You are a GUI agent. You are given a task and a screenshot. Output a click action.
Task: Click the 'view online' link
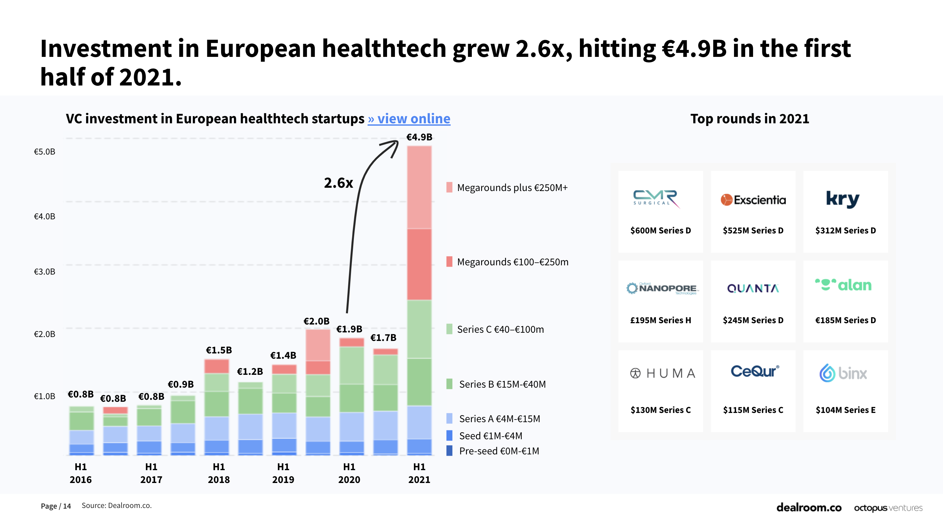click(409, 119)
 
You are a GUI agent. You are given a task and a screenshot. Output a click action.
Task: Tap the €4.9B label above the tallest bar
click(419, 137)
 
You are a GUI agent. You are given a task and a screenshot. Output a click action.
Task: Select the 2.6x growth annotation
click(338, 183)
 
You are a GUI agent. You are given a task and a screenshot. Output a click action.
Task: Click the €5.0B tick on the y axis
click(44, 152)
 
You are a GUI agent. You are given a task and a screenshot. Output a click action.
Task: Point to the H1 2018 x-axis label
click(218, 473)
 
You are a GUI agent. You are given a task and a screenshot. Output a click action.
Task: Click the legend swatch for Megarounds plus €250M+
click(449, 187)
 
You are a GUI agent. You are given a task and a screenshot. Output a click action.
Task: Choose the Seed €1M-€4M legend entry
click(491, 436)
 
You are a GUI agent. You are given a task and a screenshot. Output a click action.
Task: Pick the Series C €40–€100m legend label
click(500, 329)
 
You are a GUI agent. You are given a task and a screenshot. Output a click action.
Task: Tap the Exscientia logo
click(753, 200)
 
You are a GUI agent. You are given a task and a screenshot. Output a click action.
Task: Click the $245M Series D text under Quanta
click(753, 320)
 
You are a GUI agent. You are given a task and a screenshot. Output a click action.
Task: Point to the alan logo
click(843, 285)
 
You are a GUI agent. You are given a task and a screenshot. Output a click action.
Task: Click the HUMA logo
click(663, 373)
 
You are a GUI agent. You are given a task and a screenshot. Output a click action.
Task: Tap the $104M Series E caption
click(845, 410)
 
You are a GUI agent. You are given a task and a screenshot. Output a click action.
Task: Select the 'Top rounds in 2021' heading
click(749, 119)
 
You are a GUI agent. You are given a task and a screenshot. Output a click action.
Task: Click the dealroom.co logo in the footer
click(809, 507)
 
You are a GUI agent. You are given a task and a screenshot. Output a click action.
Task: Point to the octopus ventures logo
click(888, 508)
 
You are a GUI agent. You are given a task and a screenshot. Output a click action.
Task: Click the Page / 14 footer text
click(56, 506)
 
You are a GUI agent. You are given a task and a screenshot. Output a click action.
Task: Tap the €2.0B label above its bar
click(316, 321)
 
